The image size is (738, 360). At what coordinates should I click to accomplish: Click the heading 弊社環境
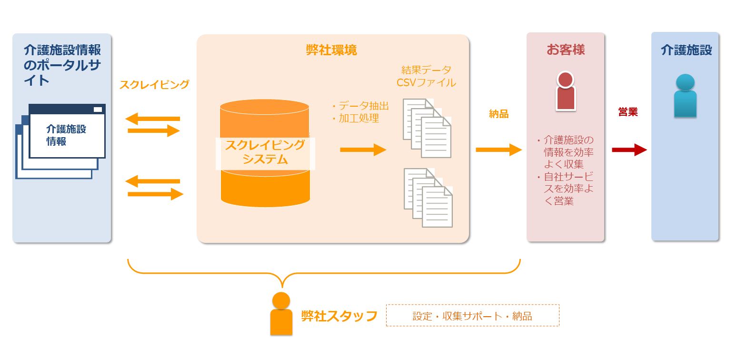pyautogui.click(x=331, y=50)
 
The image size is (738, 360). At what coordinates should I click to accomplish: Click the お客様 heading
pyautogui.click(x=566, y=50)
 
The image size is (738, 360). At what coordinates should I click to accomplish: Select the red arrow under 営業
pyautogui.click(x=629, y=150)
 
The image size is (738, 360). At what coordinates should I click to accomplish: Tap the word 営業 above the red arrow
pyautogui.click(x=628, y=112)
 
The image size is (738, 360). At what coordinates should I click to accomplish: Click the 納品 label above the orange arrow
pyautogui.click(x=499, y=114)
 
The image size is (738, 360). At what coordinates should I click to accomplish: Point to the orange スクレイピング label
pyautogui.click(x=154, y=85)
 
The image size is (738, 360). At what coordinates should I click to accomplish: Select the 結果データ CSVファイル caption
pyautogui.click(x=426, y=76)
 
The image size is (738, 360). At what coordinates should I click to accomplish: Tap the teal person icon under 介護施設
pyautogui.click(x=685, y=96)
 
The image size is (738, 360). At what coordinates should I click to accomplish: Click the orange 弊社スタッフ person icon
pyautogui.click(x=281, y=314)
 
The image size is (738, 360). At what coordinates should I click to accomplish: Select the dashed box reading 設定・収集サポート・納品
pyautogui.click(x=472, y=316)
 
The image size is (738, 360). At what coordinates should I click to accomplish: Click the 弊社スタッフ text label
pyautogui.click(x=339, y=316)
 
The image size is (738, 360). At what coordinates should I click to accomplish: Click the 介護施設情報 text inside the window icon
pyautogui.click(x=66, y=135)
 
